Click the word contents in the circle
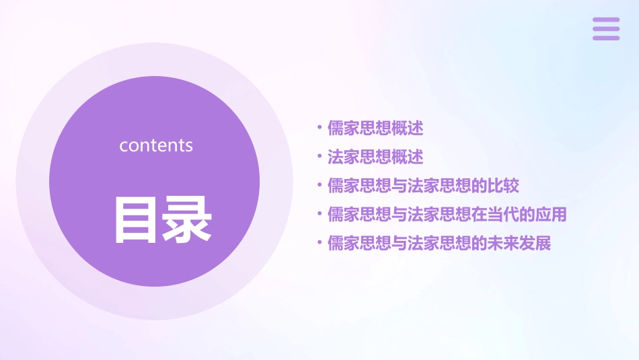pos(156,145)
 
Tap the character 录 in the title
pos(188,219)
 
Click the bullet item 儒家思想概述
pos(375,128)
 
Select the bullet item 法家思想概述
pos(375,157)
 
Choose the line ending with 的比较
pos(423,186)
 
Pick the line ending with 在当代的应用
pos(447,215)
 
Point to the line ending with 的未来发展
pos(439,244)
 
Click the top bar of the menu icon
pos(606,20)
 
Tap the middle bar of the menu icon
pos(606,29)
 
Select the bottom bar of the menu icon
pos(606,38)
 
